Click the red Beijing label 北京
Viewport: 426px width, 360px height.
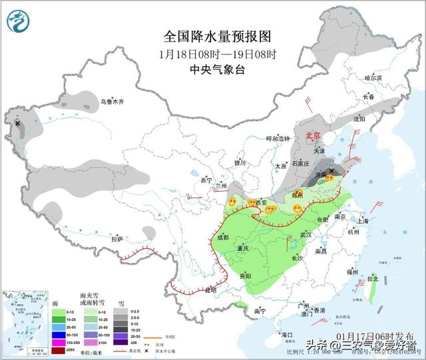tap(312, 135)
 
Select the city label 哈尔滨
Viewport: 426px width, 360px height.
tap(373, 78)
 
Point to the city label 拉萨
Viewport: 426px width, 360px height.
tap(117, 239)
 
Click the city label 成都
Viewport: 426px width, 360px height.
tap(222, 237)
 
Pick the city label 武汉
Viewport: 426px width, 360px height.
tap(306, 235)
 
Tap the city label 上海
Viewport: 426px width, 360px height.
tap(363, 221)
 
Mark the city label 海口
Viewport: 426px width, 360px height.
tap(287, 334)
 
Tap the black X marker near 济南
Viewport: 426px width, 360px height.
tap(331, 170)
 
